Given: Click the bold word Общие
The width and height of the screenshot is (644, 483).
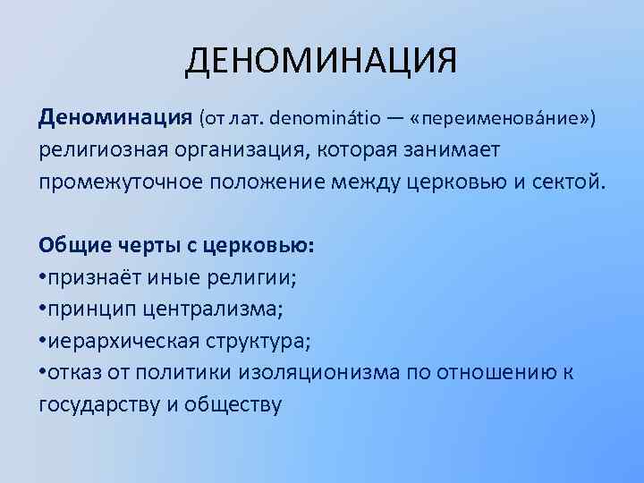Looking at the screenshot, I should point(72,245).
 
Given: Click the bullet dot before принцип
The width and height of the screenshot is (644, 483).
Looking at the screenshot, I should point(42,309).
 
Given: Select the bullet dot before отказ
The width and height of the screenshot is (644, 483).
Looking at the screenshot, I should point(42,373).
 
